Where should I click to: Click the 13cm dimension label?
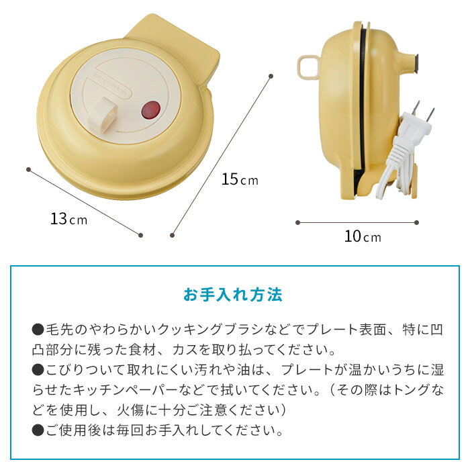click(68, 219)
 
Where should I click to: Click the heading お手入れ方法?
click(233, 295)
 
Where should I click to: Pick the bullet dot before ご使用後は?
click(38, 429)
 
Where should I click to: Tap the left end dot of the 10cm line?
click(297, 222)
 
